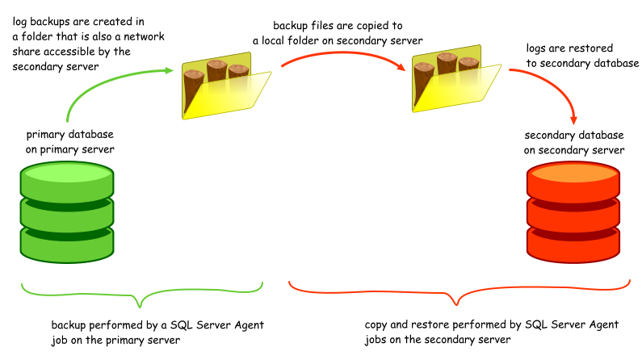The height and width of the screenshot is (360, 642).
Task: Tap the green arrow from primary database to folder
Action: [x=97, y=88]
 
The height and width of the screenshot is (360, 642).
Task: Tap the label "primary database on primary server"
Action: [x=70, y=141]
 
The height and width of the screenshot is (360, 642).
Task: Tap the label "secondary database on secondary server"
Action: [x=573, y=142]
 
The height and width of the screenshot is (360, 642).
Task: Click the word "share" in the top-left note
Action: [x=28, y=52]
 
